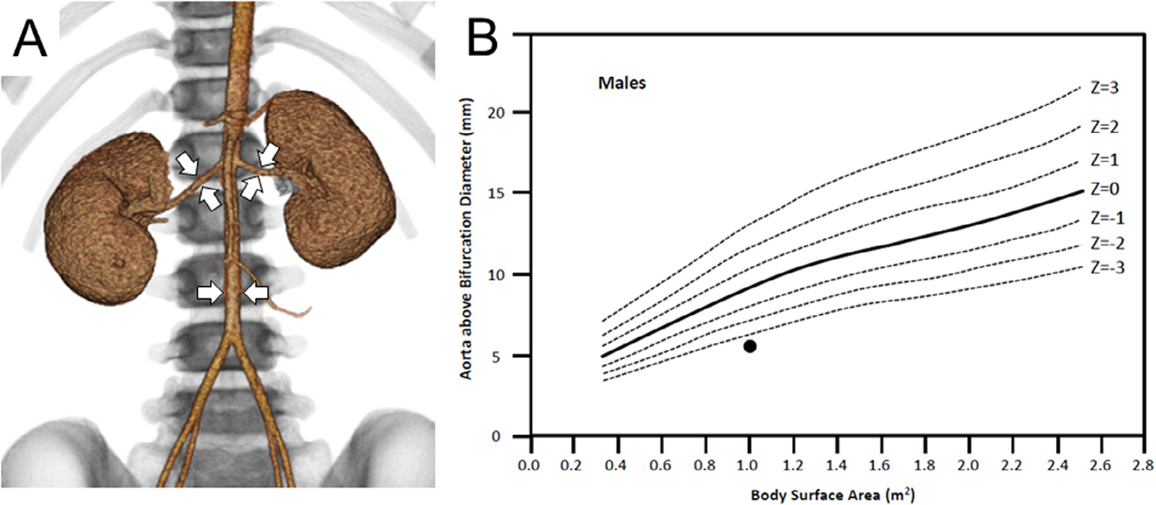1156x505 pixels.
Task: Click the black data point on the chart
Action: coord(749,346)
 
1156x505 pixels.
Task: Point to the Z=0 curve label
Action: coord(1105,190)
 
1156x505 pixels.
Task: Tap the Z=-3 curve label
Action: coord(1107,267)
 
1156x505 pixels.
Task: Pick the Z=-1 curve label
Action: coord(1107,219)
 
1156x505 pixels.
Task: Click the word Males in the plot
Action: coord(622,83)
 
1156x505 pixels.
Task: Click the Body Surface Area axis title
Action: coord(833,495)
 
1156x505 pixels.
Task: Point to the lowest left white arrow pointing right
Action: coord(209,293)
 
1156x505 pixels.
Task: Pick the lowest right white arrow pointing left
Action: coord(255,293)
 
